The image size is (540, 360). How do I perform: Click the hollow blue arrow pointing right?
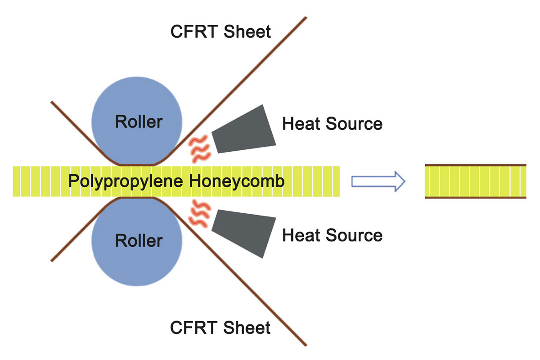pyautogui.click(x=378, y=181)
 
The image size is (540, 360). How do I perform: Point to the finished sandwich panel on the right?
pyautogui.click(x=475, y=181)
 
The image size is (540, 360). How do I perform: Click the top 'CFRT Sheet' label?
pyautogui.click(x=220, y=32)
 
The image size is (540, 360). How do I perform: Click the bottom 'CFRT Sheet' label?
pyautogui.click(x=220, y=327)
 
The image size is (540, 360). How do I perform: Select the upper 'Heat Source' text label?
pyautogui.click(x=332, y=123)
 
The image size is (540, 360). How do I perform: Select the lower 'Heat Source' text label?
pyautogui.click(x=332, y=235)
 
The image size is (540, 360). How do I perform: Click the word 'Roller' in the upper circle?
pyautogui.click(x=138, y=121)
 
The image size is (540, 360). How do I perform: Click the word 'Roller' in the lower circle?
pyautogui.click(x=138, y=241)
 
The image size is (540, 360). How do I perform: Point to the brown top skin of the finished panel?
pyautogui.click(x=475, y=166)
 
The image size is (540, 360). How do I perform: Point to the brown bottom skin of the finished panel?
pyautogui.click(x=475, y=197)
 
